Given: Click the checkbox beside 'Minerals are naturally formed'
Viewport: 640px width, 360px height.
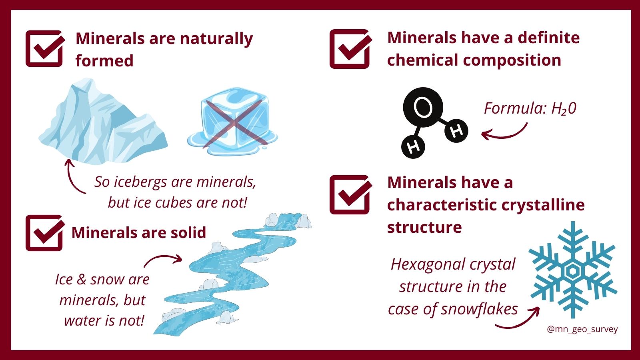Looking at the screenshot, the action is (45, 48).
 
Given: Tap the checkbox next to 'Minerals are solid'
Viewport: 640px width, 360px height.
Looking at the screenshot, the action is (45, 233).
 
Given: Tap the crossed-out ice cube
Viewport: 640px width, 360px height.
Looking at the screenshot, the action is (232, 122).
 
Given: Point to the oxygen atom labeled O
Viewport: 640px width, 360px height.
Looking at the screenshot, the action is (423, 107).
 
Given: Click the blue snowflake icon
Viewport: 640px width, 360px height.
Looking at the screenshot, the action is (572, 270).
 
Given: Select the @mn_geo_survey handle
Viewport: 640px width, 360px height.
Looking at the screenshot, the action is (582, 329).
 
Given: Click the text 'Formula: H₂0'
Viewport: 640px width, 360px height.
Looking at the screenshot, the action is (530, 108).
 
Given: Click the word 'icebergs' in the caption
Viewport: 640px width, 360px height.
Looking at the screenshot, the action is (140, 182).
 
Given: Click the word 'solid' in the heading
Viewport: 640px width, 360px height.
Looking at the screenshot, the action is (188, 232).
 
